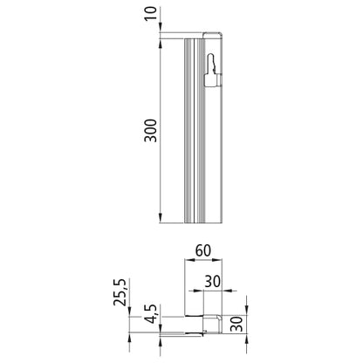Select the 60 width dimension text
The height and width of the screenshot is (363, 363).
click(x=204, y=251)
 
